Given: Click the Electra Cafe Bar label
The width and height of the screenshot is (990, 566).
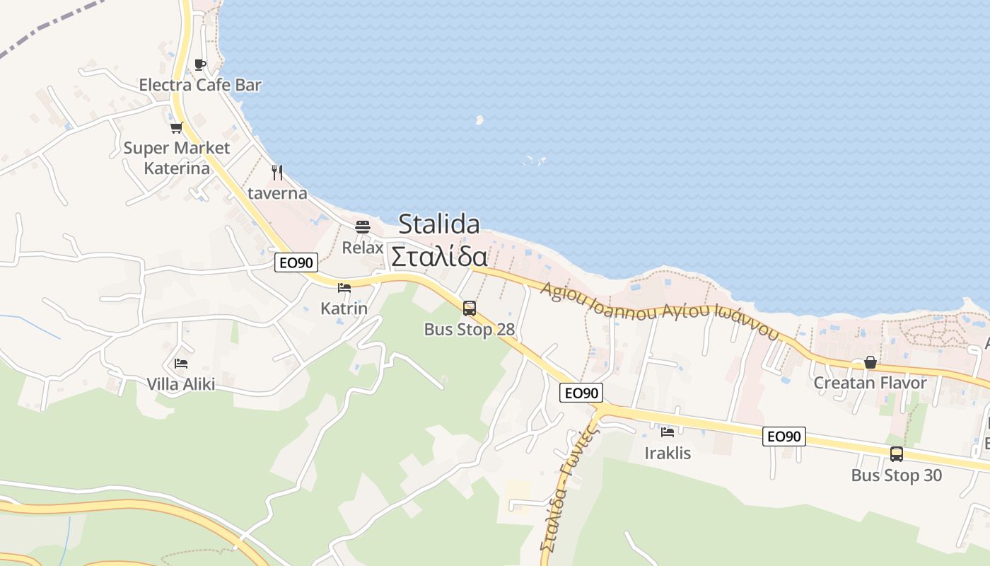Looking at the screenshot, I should [200, 86].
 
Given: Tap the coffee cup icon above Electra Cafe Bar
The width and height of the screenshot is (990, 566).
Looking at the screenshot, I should [200, 65].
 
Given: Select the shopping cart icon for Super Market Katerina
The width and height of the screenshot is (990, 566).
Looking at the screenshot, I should [176, 128].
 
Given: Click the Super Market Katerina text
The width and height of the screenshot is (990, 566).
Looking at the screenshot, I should [177, 158].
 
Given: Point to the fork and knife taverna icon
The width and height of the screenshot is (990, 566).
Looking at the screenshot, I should [277, 172].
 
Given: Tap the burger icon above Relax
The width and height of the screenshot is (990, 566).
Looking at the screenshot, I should [363, 227].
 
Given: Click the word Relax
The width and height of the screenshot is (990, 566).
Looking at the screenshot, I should [363, 248].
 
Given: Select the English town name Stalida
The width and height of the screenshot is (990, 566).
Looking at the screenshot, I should [439, 224].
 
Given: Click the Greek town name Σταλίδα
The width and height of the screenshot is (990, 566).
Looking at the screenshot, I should [439, 256].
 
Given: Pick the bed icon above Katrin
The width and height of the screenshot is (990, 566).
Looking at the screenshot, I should [344, 288].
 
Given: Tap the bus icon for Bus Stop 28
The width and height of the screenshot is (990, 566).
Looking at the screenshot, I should [470, 308].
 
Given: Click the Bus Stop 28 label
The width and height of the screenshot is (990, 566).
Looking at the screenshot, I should [470, 330].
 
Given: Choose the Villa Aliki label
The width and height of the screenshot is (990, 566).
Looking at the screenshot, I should [181, 384].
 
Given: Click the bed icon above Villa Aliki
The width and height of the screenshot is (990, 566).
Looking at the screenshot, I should [181, 364].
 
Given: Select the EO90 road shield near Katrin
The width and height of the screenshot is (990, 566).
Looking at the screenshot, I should [297, 262].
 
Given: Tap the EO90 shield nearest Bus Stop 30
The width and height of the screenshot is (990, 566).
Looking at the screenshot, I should [784, 437].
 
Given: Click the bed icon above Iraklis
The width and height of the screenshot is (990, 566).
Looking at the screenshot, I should [668, 432].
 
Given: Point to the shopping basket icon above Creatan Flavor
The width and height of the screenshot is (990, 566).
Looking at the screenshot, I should [870, 363].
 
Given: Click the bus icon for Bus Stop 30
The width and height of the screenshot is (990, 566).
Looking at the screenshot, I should [897, 454].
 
